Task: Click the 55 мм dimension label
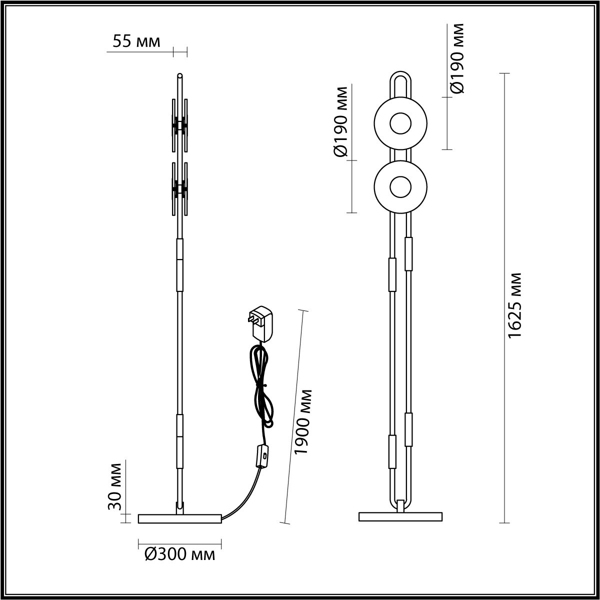coord(136,42)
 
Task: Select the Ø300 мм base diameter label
coord(179,554)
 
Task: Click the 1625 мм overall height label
coord(515,305)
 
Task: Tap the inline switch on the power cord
coord(261,455)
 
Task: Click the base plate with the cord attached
coord(179,518)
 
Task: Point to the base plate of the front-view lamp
coord(400,516)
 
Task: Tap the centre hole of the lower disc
coord(400,187)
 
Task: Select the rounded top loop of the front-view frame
coord(400,80)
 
